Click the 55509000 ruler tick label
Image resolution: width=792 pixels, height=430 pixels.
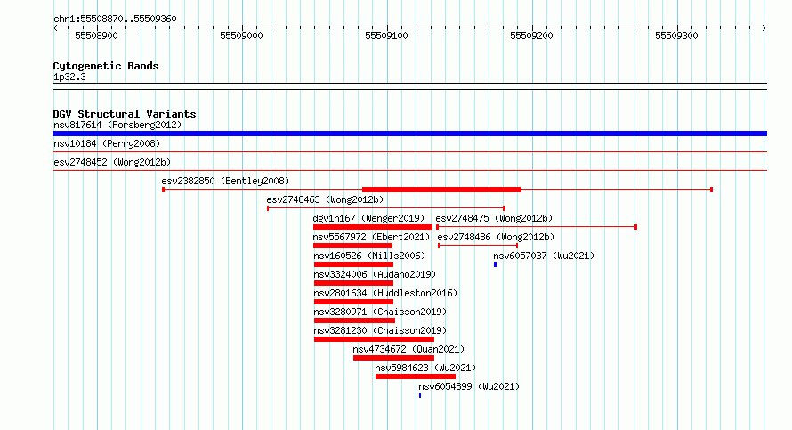(241, 36)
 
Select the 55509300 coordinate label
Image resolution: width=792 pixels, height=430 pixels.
(676, 36)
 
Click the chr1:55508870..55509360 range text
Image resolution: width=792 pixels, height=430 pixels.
(115, 20)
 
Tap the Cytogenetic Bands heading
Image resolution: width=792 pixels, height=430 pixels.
(106, 66)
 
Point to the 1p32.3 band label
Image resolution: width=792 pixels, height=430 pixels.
(69, 77)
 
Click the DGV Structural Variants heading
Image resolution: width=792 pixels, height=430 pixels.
(125, 114)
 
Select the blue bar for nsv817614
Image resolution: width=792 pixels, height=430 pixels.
(409, 134)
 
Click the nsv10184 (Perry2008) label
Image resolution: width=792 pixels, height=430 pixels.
(107, 143)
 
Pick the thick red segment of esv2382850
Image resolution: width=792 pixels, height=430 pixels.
(441, 190)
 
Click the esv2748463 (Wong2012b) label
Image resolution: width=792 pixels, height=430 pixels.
(325, 199)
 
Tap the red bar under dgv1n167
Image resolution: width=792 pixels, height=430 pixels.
(373, 227)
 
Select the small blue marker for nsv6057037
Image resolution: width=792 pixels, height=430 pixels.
(495, 264)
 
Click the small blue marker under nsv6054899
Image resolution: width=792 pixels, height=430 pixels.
(420, 395)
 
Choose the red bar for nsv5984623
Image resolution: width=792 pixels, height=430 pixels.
(416, 377)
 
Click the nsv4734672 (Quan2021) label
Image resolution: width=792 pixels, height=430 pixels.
(408, 349)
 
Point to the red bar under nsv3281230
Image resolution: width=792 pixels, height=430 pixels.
(374, 339)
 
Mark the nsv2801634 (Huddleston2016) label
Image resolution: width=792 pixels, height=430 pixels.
(385, 293)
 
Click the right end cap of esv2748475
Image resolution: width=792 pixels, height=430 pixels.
(635, 227)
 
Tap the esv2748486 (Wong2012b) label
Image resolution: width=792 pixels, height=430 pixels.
(496, 237)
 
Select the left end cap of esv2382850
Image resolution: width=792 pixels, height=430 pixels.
(163, 190)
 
